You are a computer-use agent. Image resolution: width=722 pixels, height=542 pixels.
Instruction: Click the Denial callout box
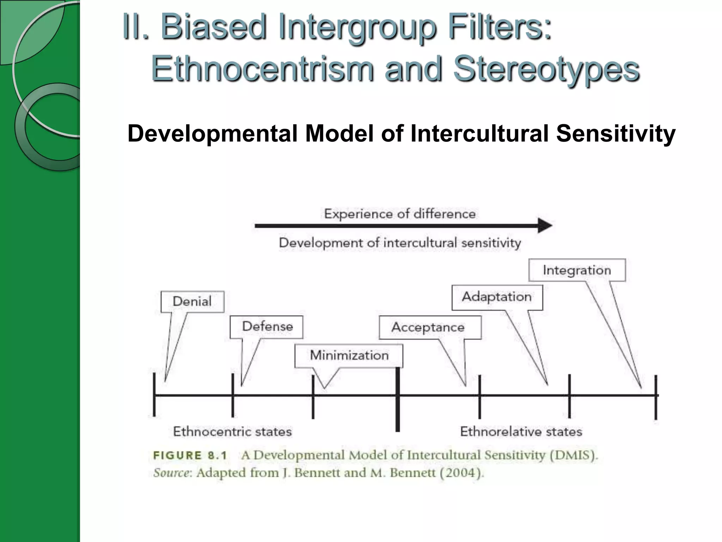click(x=192, y=302)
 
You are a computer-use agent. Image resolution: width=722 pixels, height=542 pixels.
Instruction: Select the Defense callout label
click(x=267, y=327)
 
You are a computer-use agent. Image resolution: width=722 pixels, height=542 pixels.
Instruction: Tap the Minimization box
click(x=349, y=355)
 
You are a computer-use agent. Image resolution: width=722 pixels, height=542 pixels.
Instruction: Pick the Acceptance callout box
click(x=430, y=327)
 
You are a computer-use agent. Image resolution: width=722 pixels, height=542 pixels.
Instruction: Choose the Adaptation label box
click(x=497, y=297)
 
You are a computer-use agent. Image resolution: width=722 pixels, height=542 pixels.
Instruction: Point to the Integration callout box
click(x=577, y=270)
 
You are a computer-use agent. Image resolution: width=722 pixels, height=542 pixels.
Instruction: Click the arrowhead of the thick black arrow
click(x=545, y=225)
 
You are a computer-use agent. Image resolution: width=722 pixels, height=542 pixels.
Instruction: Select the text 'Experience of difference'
click(x=400, y=214)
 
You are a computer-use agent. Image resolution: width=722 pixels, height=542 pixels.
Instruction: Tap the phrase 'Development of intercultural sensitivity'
click(x=400, y=243)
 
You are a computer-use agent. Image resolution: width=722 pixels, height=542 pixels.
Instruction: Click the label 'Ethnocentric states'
click(x=232, y=432)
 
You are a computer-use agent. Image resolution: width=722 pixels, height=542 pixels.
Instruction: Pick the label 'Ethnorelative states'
click(x=521, y=432)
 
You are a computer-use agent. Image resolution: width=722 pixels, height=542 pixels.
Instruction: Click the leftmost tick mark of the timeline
click(x=154, y=395)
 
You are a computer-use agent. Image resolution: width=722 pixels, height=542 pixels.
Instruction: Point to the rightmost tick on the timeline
click(x=656, y=397)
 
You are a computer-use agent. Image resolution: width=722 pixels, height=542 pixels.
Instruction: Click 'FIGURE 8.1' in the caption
click(x=190, y=455)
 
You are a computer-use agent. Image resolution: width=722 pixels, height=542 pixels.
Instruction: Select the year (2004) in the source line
click(x=462, y=473)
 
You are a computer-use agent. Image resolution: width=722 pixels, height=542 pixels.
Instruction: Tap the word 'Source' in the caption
click(x=171, y=473)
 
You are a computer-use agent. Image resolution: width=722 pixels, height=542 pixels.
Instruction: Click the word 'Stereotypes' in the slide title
click(x=546, y=69)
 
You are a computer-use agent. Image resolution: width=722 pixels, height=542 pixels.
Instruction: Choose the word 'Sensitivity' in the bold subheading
click(x=616, y=134)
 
